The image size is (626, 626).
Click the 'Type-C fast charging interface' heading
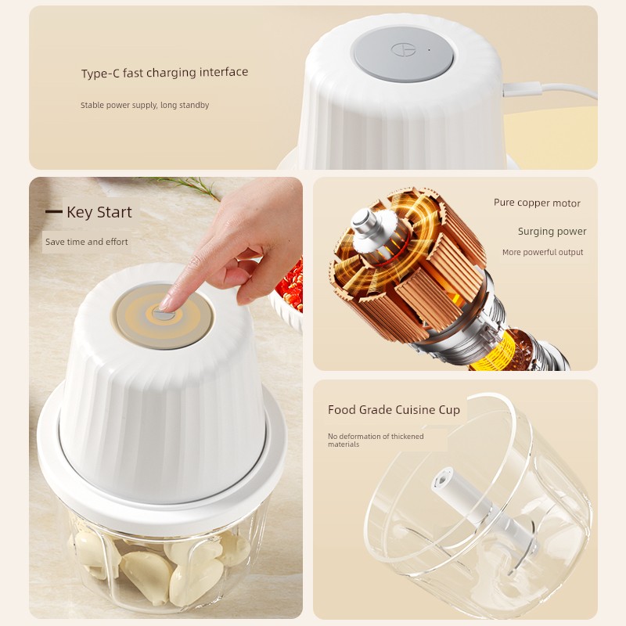point(164,73)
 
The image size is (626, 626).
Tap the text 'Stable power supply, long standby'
point(145,105)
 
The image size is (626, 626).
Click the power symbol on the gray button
point(403,50)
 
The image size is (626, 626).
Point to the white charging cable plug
point(522,88)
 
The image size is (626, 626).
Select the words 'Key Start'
point(99,212)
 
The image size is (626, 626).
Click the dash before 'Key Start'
point(53,211)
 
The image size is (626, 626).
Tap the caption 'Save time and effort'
point(87,242)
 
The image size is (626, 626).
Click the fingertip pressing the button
point(165,304)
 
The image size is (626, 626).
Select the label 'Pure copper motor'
point(537,203)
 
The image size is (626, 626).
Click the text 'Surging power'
point(552,232)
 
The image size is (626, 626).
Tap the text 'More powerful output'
point(542,252)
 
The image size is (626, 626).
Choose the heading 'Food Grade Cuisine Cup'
point(394,410)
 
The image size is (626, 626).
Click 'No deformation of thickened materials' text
point(376,440)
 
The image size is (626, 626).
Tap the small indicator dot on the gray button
point(429,50)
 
